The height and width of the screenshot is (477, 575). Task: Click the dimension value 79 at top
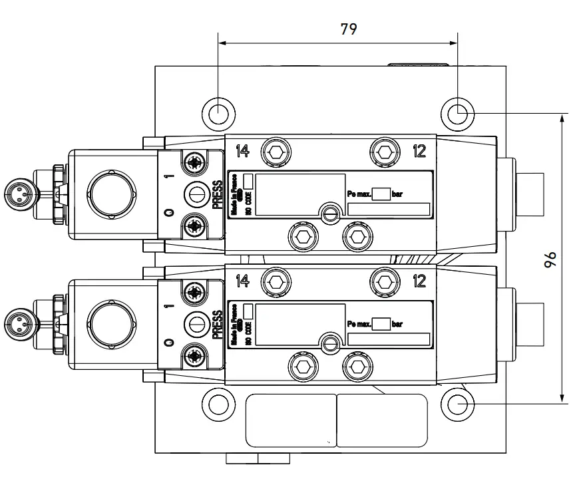(x=349, y=29)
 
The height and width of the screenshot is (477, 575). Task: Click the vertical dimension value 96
(x=550, y=260)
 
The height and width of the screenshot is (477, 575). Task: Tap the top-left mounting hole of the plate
(x=219, y=114)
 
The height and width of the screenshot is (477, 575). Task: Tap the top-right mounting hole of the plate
(x=458, y=114)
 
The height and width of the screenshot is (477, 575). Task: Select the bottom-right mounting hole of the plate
(x=458, y=403)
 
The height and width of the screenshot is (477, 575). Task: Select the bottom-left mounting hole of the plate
(x=219, y=403)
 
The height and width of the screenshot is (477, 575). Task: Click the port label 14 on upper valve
(x=242, y=151)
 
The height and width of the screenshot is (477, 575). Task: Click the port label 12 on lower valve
(x=419, y=281)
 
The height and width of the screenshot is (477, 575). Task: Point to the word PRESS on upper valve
(x=218, y=194)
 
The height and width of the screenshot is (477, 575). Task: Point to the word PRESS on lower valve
(x=218, y=324)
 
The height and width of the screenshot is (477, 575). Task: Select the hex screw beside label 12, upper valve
(x=385, y=152)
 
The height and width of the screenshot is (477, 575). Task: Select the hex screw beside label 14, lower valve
(x=275, y=281)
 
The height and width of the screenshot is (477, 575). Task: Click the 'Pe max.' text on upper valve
(x=359, y=194)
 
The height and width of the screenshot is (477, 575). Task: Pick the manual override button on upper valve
(x=196, y=194)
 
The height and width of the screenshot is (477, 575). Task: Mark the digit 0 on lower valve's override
(x=169, y=341)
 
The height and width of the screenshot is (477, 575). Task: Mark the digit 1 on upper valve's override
(x=169, y=177)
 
